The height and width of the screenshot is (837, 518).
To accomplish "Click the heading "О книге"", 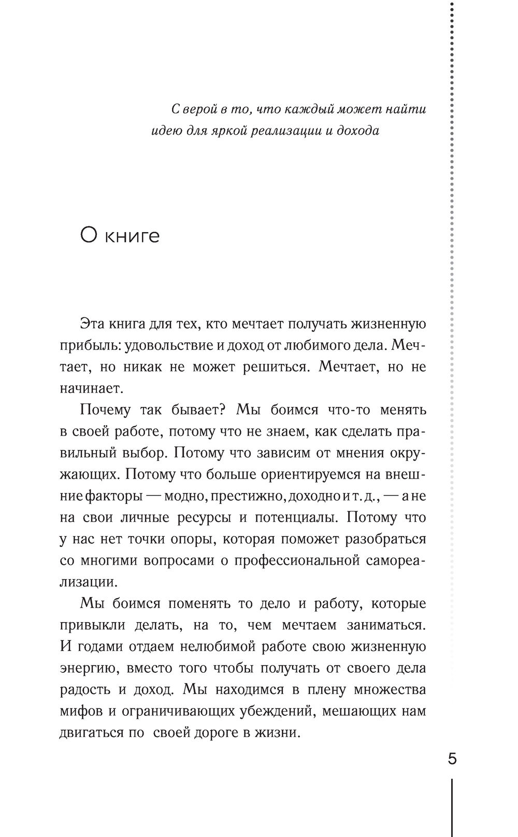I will [x=120, y=236].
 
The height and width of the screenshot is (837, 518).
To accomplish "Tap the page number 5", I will [x=452, y=759].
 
